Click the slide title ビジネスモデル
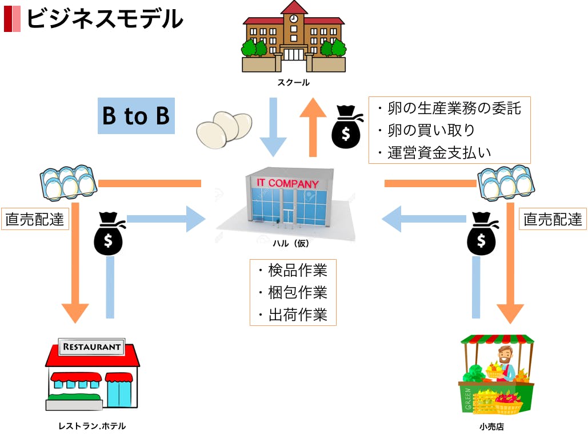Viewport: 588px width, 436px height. tap(105, 19)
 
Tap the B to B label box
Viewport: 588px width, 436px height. tap(136, 116)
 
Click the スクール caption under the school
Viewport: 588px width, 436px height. tap(293, 82)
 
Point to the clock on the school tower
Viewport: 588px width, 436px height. tap(294, 18)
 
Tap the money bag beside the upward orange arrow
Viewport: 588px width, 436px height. tap(347, 128)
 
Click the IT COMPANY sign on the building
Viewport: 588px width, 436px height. tap(287, 183)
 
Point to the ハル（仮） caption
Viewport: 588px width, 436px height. tap(290, 244)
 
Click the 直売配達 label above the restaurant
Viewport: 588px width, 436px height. tap(35, 219)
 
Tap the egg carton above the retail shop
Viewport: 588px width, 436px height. tap(505, 183)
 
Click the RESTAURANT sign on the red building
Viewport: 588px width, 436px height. tap(92, 346)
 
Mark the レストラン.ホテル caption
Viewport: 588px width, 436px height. tap(92, 426)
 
